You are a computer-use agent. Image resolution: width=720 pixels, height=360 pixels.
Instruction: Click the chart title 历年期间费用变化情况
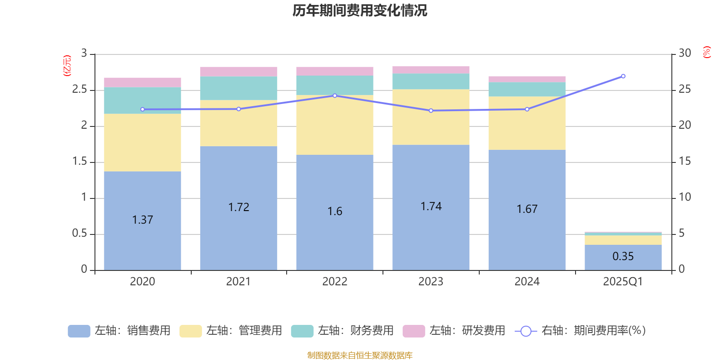tap(360, 10)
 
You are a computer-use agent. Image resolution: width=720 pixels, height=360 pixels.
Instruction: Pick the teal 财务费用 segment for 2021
tap(238, 88)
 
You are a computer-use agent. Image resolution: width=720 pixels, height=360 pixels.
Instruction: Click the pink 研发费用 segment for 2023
tap(431, 70)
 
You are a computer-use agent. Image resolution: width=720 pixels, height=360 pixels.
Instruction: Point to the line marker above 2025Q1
tap(623, 76)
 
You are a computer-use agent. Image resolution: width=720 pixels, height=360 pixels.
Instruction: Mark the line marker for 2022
tap(335, 95)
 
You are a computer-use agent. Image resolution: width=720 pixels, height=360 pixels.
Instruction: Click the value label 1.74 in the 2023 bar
tap(431, 206)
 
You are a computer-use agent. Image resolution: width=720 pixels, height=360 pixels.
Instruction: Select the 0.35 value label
tap(623, 256)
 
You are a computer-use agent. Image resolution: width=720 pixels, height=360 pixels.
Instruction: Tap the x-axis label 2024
tap(527, 282)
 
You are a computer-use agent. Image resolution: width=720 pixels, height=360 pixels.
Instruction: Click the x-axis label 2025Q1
tap(623, 282)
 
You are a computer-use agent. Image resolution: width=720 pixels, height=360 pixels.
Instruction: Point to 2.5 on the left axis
tap(80, 90)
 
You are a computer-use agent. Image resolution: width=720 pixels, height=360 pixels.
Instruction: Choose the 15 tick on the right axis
tap(685, 161)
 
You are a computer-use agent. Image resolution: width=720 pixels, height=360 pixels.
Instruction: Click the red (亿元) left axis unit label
tap(67, 66)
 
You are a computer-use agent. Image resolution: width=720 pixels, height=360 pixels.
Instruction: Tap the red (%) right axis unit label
tap(706, 52)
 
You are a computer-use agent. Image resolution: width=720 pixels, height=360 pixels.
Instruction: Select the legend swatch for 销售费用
tap(79, 331)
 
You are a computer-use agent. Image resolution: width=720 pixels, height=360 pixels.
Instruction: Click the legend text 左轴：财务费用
tap(355, 331)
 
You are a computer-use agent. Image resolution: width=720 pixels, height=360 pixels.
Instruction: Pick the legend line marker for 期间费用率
tap(526, 331)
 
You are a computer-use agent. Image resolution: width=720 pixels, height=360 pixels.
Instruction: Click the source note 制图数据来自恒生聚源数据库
tap(360, 355)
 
